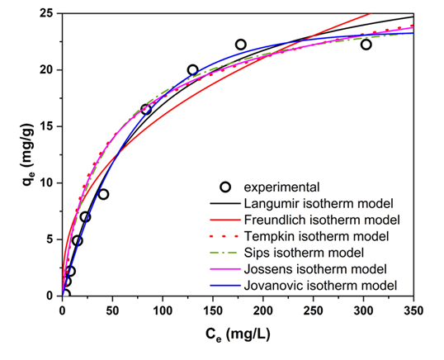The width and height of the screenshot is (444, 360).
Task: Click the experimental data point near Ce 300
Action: [x=366, y=45]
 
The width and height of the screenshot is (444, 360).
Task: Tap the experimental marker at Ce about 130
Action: [x=193, y=70]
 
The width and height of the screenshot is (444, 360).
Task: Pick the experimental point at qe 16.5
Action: [x=146, y=109]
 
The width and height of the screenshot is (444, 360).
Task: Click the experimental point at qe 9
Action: [x=103, y=194]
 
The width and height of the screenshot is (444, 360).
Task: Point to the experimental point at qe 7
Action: [x=85, y=217]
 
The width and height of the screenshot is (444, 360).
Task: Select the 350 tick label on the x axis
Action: [x=413, y=311]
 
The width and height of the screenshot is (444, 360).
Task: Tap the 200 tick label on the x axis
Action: [x=263, y=311]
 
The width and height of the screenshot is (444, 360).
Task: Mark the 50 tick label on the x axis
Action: [x=113, y=311]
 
